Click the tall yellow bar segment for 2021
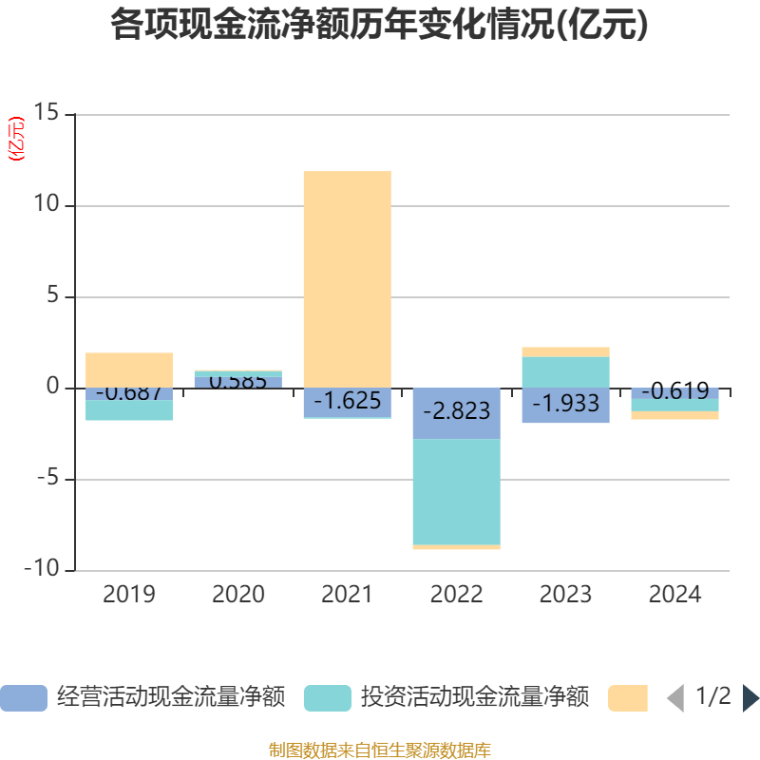347,279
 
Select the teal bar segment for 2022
456,491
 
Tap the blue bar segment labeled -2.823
456,412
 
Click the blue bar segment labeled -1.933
565,405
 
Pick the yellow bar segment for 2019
129,370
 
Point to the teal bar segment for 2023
565,371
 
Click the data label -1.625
347,401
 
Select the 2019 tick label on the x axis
129,595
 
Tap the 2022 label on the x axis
456,595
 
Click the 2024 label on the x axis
674,595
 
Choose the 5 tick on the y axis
52,296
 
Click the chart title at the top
380,25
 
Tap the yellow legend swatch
627,697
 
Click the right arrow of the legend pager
750,697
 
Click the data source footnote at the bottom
380,750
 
